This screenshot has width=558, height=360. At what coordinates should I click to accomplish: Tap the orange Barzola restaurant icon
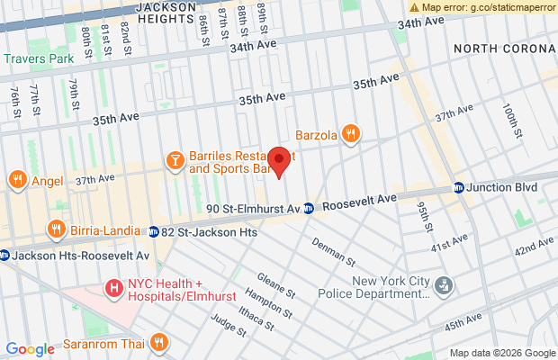(350, 135)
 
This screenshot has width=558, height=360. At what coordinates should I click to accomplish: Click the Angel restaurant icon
(17, 180)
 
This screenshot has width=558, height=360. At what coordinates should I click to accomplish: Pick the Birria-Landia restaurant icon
(57, 229)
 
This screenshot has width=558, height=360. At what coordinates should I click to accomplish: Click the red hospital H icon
(114, 288)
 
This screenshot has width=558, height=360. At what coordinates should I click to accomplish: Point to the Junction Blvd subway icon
(459, 188)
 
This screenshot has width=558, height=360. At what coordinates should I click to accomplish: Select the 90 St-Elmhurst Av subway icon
(308, 208)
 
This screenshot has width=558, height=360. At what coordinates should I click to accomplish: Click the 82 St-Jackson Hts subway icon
(154, 232)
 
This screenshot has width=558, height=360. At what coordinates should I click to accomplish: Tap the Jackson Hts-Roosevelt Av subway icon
(4, 256)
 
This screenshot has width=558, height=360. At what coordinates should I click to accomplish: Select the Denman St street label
(333, 251)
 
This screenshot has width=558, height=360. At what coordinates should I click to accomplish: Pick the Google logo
(30, 349)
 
